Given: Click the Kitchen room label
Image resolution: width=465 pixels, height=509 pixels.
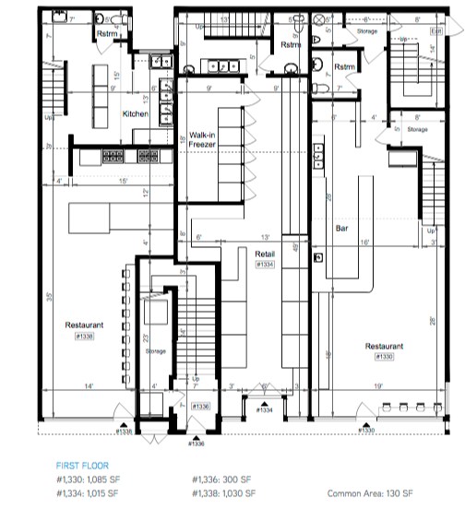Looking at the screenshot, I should click(137, 113).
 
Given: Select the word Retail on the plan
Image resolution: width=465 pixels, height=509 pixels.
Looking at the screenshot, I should click(267, 253).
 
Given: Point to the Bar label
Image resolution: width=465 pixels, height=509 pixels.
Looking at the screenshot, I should click(340, 226).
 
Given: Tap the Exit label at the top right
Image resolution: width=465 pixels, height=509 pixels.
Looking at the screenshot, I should click(437, 30).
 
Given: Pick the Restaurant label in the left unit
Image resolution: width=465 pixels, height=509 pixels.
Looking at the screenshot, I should click(84, 326).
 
